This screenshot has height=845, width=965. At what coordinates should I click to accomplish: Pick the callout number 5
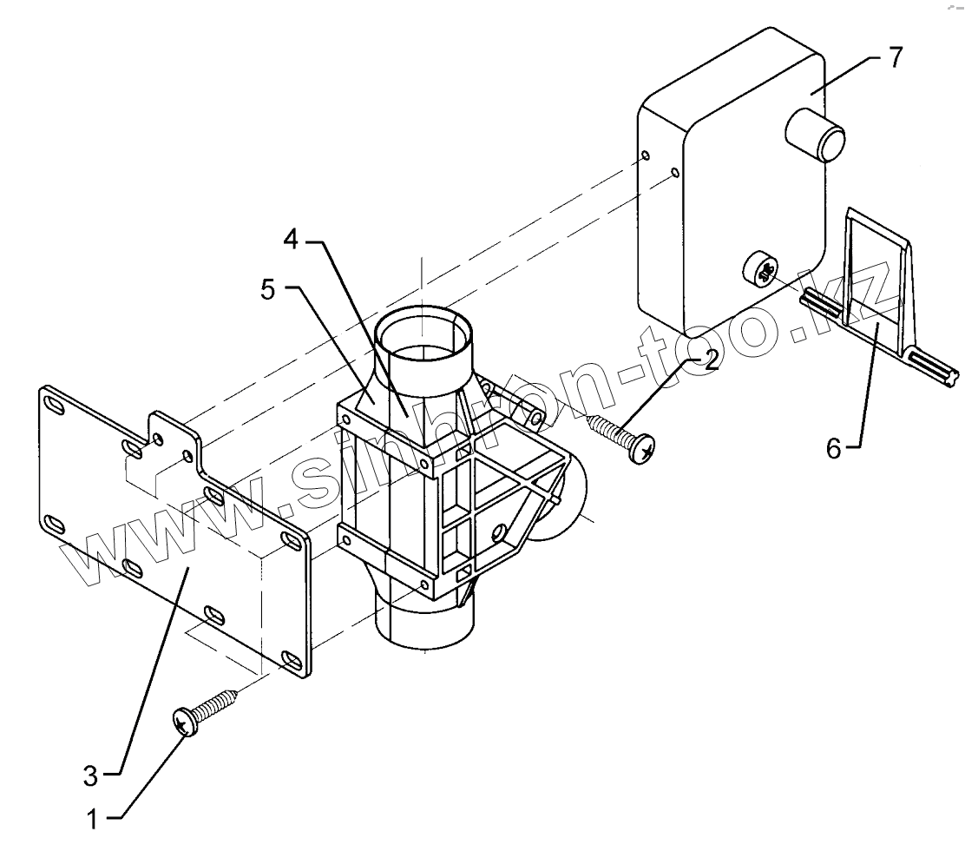[x=268, y=290]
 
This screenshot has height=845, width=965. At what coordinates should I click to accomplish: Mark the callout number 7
[x=894, y=60]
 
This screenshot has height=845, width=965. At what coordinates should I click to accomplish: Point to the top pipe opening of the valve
[x=424, y=333]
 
